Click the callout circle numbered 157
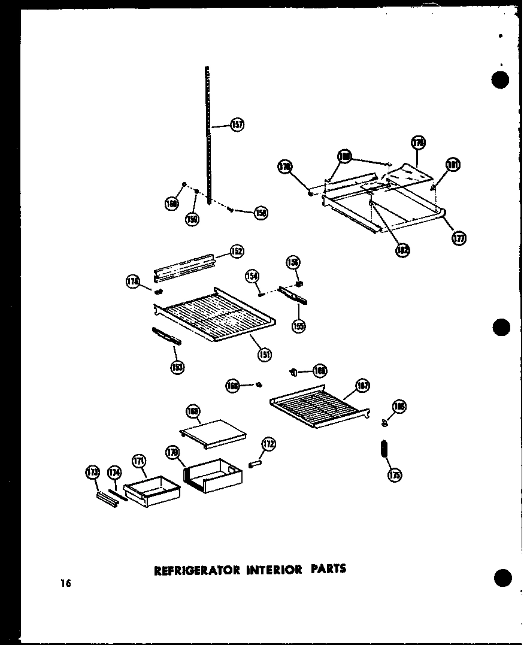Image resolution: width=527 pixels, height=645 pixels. coord(237,126)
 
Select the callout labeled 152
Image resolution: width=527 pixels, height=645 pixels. coord(237,251)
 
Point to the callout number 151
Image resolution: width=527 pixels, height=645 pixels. coord(263,354)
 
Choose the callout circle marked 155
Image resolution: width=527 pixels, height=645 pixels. coord(298,326)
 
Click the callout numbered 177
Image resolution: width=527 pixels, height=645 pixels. coord(459,238)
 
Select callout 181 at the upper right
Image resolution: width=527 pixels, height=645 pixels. coord(453,165)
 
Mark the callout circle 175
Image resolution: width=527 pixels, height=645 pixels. coord(395,475)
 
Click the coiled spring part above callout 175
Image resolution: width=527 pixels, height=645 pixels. coord(384,450)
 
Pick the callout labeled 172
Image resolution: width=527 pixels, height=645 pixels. coord(269,444)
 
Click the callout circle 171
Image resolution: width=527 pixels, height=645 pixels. coord(139,461)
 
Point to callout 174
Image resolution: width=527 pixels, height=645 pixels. coord(114,474)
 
